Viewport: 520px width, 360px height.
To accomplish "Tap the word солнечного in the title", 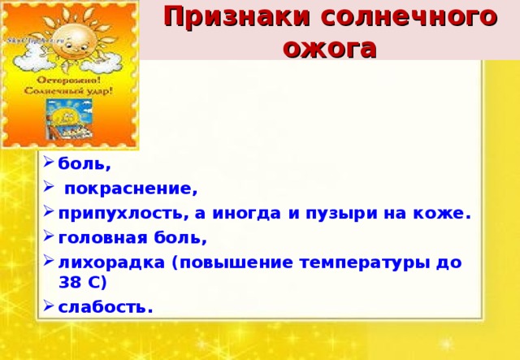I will (x=402, y=16).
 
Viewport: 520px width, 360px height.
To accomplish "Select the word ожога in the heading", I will (x=330, y=46).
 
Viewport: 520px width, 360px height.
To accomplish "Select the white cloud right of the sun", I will (x=109, y=59).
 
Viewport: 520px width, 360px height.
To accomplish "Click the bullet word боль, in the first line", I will (x=84, y=164).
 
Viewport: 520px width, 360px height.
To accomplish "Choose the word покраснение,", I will (x=131, y=189).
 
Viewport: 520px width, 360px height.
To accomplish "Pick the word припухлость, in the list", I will (x=122, y=214).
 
